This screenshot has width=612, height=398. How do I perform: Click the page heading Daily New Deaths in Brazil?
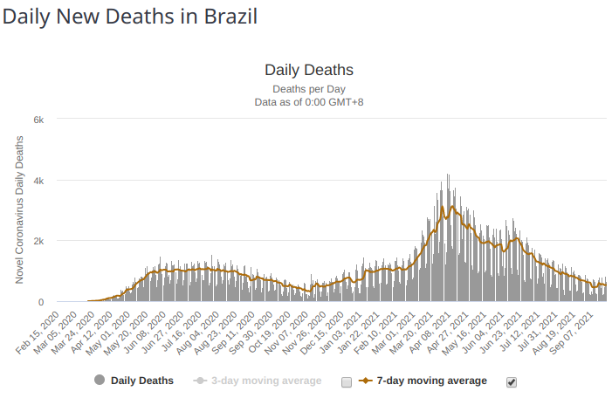[x=130, y=17]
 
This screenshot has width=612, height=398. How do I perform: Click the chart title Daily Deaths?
[x=308, y=70]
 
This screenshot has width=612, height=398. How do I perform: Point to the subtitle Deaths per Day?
[x=308, y=89]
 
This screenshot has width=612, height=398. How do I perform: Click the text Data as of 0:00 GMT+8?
[x=308, y=102]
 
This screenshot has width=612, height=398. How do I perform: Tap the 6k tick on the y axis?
[x=38, y=119]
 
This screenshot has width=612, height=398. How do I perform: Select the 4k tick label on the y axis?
[x=38, y=180]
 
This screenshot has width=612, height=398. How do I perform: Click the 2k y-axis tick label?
[x=38, y=241]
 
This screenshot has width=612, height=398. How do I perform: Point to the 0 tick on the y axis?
[x=41, y=302]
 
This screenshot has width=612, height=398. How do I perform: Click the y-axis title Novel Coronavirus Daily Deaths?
[x=19, y=209]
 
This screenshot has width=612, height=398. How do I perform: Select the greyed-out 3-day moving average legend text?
[x=267, y=381]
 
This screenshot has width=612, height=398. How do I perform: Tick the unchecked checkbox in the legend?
[x=347, y=381]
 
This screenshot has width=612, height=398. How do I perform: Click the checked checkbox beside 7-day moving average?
[x=512, y=381]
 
